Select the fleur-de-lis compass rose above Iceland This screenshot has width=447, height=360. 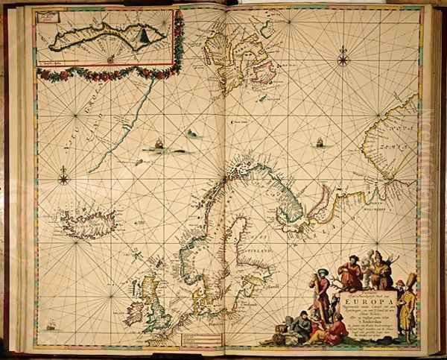(64, 177)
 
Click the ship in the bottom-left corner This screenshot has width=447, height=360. (50, 324)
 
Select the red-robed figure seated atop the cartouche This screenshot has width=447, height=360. (350, 275)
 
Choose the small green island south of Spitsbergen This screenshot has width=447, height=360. (192, 133)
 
